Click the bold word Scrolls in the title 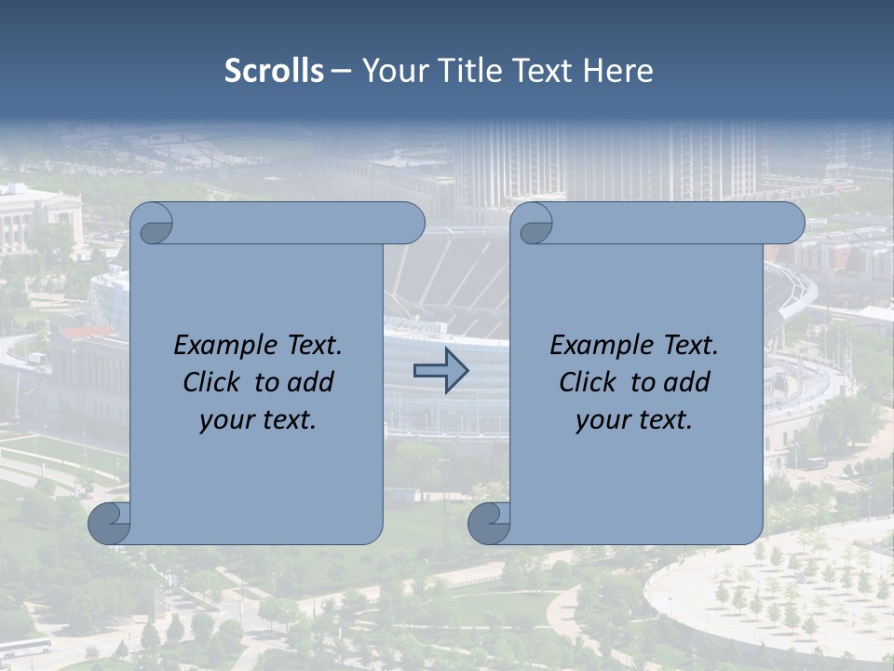click(x=275, y=71)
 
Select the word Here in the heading click(x=617, y=71)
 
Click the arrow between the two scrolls click(x=440, y=371)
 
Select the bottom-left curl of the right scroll click(x=489, y=524)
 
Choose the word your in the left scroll click(x=224, y=421)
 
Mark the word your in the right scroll click(x=601, y=421)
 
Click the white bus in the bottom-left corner click(x=25, y=647)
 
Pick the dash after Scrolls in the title click(x=340, y=72)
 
